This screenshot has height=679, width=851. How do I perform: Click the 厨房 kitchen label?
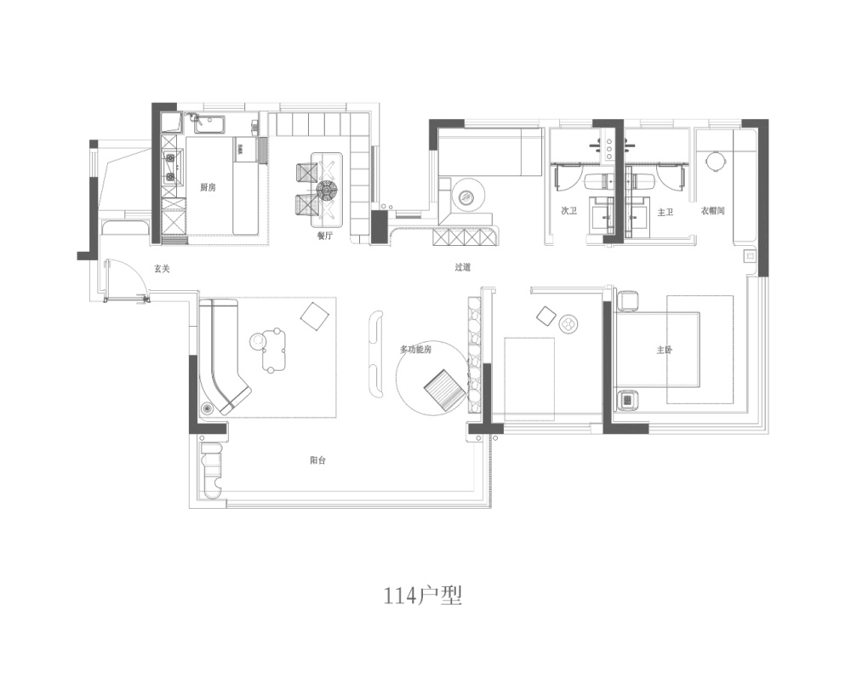click(x=208, y=187)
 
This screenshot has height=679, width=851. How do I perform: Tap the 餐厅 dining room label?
click(x=324, y=236)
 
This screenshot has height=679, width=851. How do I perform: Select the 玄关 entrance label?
click(x=162, y=268)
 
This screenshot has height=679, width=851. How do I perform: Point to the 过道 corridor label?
click(x=462, y=267)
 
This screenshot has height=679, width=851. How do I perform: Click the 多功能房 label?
click(x=416, y=350)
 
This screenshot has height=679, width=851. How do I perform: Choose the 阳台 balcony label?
click(x=318, y=460)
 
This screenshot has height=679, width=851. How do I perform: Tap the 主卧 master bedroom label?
click(x=665, y=350)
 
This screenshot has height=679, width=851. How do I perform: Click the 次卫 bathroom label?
click(x=568, y=211)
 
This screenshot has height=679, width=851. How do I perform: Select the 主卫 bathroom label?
click(x=665, y=212)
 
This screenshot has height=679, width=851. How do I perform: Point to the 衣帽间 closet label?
click(x=712, y=211)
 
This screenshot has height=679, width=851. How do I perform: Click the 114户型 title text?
click(x=423, y=596)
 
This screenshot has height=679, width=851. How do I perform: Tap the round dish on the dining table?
click(x=328, y=190)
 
